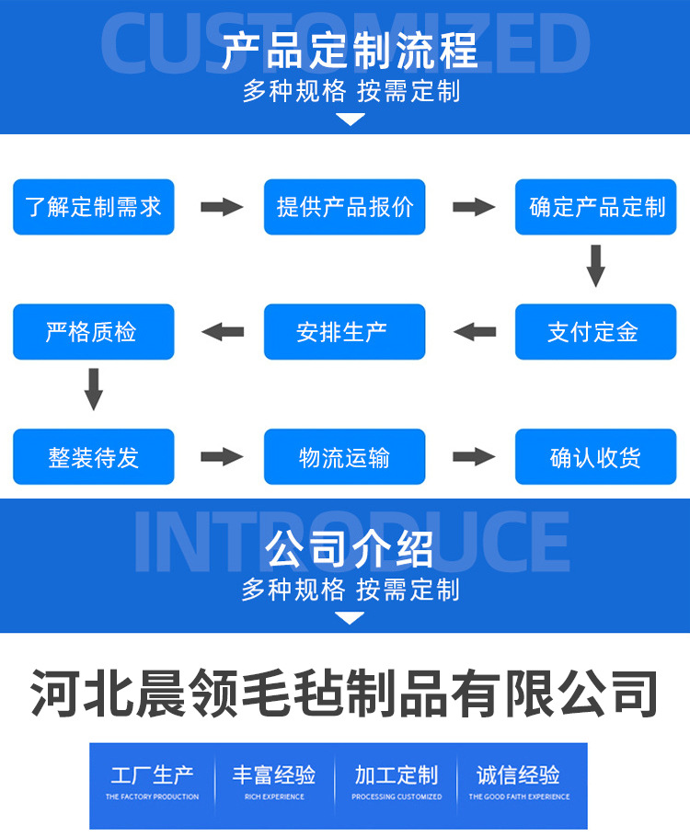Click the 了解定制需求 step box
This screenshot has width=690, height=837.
93,207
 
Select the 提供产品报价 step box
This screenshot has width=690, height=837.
345,207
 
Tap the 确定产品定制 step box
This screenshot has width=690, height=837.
596,207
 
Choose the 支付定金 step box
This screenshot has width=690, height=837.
596,332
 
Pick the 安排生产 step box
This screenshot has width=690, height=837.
345,332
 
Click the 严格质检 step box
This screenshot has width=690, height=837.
93,332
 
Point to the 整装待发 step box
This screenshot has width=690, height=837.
93,457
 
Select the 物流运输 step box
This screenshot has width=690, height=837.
345,457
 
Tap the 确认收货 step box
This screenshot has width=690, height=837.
596,457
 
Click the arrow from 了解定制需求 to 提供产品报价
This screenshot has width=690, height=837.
221,207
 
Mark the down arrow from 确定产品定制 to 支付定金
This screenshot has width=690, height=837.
596,266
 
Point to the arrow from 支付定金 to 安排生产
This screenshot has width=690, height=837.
473,332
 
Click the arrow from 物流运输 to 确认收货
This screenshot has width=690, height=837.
473,457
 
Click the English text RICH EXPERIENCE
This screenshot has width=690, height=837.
274,797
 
